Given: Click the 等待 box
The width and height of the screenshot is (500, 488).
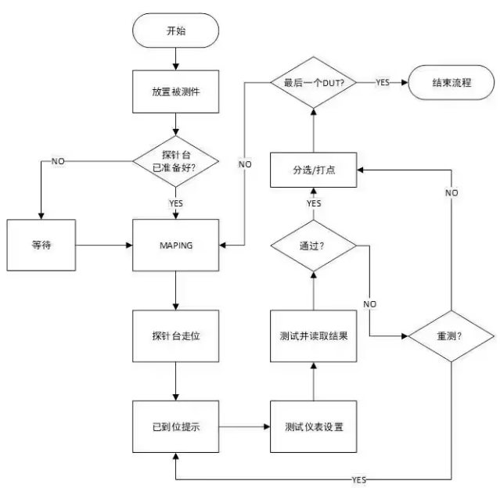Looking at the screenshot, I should click(41, 245).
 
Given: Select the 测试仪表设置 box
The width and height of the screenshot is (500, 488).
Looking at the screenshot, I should click(314, 428).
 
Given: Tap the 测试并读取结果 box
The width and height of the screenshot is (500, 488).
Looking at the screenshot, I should click(314, 336).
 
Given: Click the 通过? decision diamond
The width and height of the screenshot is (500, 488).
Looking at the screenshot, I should click(314, 245).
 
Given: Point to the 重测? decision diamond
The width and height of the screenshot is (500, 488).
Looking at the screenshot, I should click(452, 336).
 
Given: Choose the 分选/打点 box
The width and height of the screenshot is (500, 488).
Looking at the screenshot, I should click(314, 167).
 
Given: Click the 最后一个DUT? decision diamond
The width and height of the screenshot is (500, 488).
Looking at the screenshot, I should click(314, 81).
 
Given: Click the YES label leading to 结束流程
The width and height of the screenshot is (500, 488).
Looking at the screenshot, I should click(383, 81).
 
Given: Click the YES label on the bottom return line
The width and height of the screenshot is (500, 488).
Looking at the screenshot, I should click(359, 479).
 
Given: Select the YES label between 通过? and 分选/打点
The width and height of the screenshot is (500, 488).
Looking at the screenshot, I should click(314, 203).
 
